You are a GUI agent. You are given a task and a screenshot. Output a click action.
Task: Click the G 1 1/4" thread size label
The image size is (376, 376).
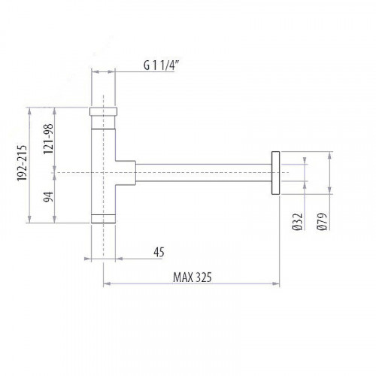pyautogui.click(x=166, y=65)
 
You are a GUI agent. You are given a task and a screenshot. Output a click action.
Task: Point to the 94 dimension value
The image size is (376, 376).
pyautogui.click(x=47, y=197)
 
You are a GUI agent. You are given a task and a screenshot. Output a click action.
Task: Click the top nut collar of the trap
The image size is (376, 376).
pyautogui.click(x=104, y=114)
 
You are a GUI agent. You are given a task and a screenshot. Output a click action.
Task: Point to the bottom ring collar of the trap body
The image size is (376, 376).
pyautogui.click(x=104, y=218)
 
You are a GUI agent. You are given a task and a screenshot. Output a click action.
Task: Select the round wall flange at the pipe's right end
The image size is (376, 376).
pyautogui.click(x=275, y=173)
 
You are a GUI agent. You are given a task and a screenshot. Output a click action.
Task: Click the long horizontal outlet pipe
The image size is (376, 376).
pyautogui.click(x=203, y=173)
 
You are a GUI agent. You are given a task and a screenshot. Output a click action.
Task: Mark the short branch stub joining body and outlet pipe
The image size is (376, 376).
pyautogui.click(x=126, y=173)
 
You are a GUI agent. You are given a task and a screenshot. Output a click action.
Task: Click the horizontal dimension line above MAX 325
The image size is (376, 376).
pyautogui.click(x=191, y=284)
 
